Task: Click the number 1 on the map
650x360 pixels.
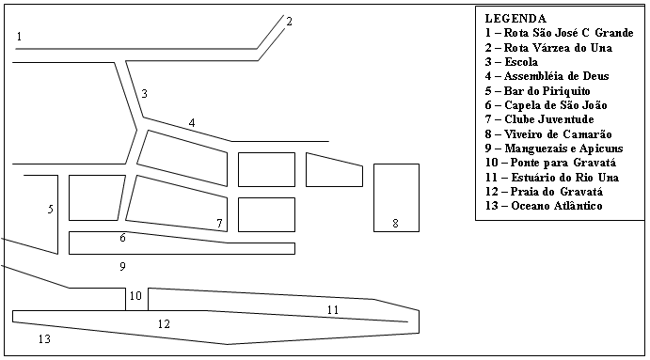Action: [19, 37]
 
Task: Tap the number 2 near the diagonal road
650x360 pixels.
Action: [289, 21]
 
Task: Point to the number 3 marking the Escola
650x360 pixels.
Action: [144, 94]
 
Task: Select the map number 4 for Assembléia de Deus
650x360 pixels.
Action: [192, 122]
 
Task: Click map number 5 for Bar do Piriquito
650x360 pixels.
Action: [50, 209]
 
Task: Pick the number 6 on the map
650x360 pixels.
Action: [122, 238]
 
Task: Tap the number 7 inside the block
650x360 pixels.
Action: [219, 224]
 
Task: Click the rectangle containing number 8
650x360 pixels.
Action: [396, 197]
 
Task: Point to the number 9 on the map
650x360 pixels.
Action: [122, 266]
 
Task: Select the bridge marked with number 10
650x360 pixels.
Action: [136, 299]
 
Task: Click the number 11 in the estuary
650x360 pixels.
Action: [333, 309]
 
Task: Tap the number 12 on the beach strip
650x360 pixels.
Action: [164, 323]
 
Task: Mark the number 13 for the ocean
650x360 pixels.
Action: [44, 339]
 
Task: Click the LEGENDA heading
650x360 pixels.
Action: [515, 19]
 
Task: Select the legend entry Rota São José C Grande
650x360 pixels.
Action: [559, 33]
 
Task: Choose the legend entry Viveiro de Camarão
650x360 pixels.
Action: [548, 134]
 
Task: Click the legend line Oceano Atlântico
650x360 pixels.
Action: [544, 206]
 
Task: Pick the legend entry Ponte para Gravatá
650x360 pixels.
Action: [550, 163]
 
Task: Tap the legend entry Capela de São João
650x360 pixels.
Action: [546, 105]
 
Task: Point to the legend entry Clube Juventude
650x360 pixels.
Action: [539, 119]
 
